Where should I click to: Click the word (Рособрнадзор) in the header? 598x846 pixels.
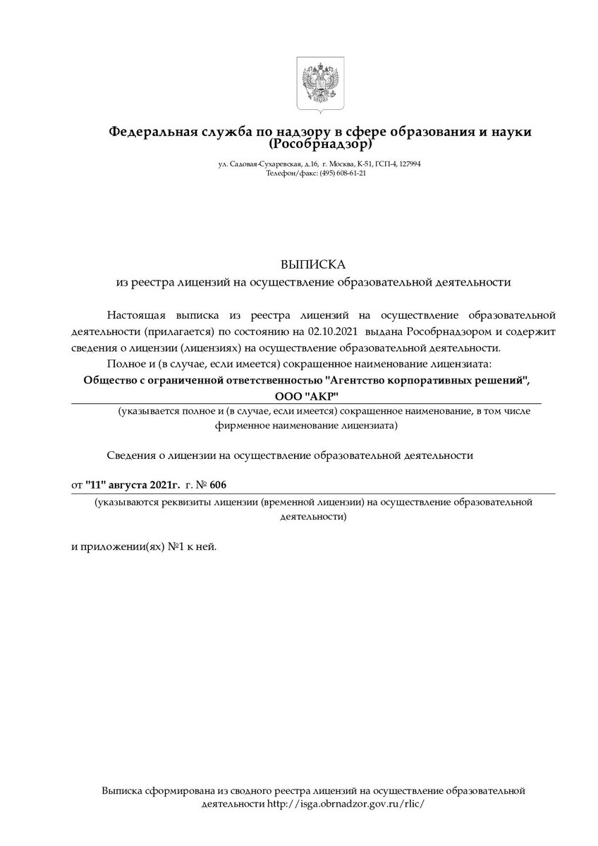[320, 144]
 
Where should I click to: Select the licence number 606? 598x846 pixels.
[219, 485]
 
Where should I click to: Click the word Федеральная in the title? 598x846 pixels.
[150, 132]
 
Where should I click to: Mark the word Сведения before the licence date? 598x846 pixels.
[130, 455]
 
